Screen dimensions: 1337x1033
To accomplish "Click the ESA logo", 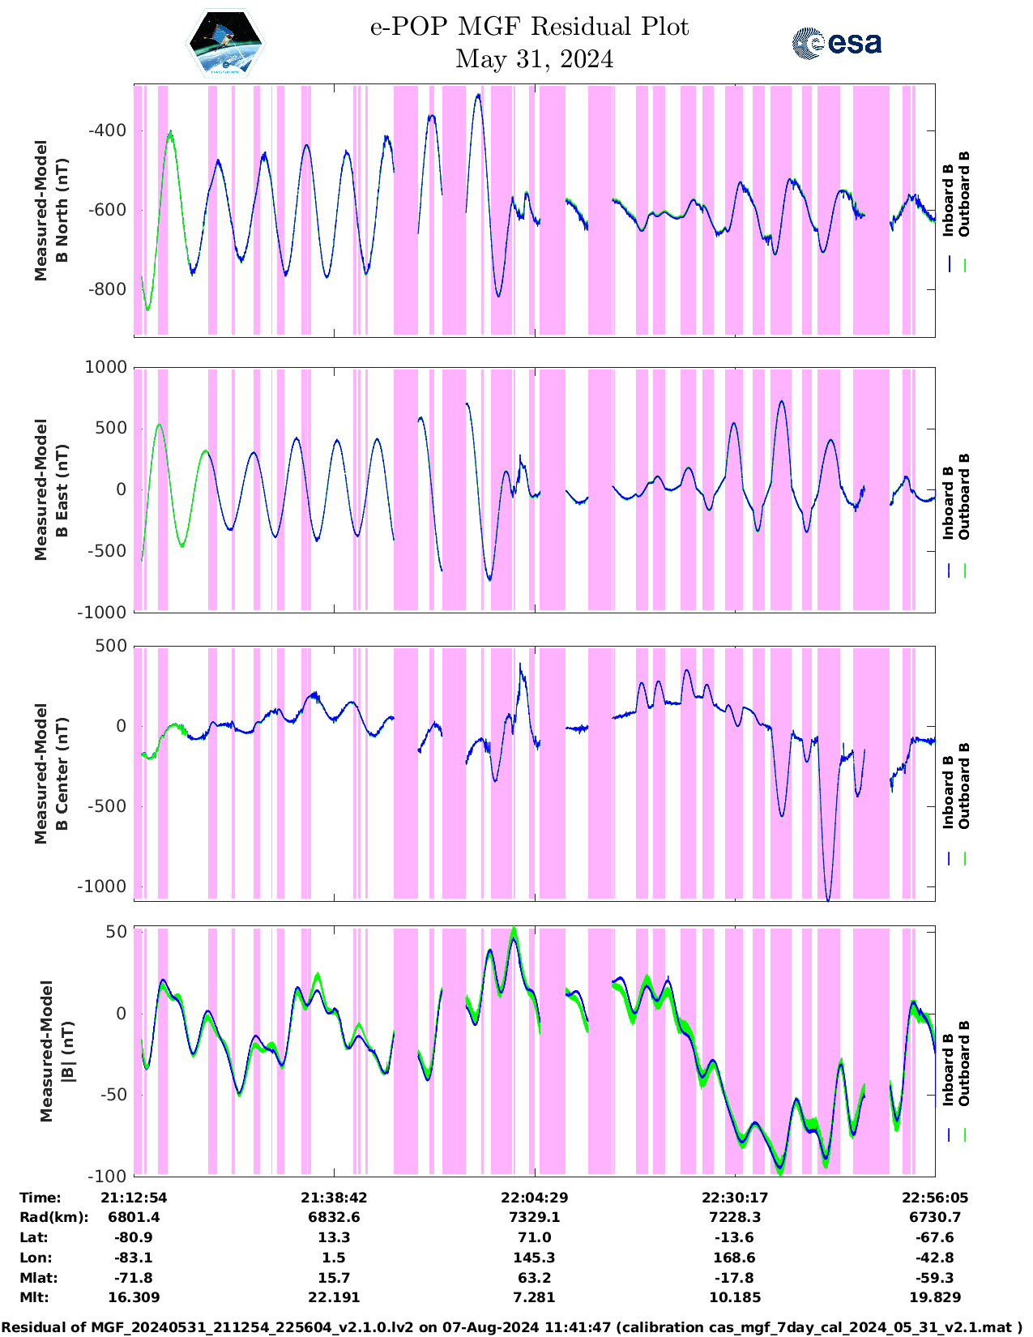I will pos(836,43).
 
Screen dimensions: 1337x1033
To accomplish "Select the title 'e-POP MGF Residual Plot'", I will pos(529,27).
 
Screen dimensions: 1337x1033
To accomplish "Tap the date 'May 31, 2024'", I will pos(534,59).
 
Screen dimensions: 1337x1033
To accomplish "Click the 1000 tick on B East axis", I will pos(106,368).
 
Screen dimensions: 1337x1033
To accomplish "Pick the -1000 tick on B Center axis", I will pos(102,886).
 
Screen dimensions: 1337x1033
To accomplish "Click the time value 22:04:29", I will pos(534,1198).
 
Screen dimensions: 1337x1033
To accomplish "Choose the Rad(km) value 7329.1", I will pos(534,1217).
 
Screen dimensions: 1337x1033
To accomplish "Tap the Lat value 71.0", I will pos(534,1237).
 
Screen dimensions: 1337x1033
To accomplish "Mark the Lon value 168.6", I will pos(734,1258).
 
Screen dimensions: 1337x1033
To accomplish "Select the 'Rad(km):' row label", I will pos(53,1217).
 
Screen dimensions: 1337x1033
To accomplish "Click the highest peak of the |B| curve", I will pos(514,929).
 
